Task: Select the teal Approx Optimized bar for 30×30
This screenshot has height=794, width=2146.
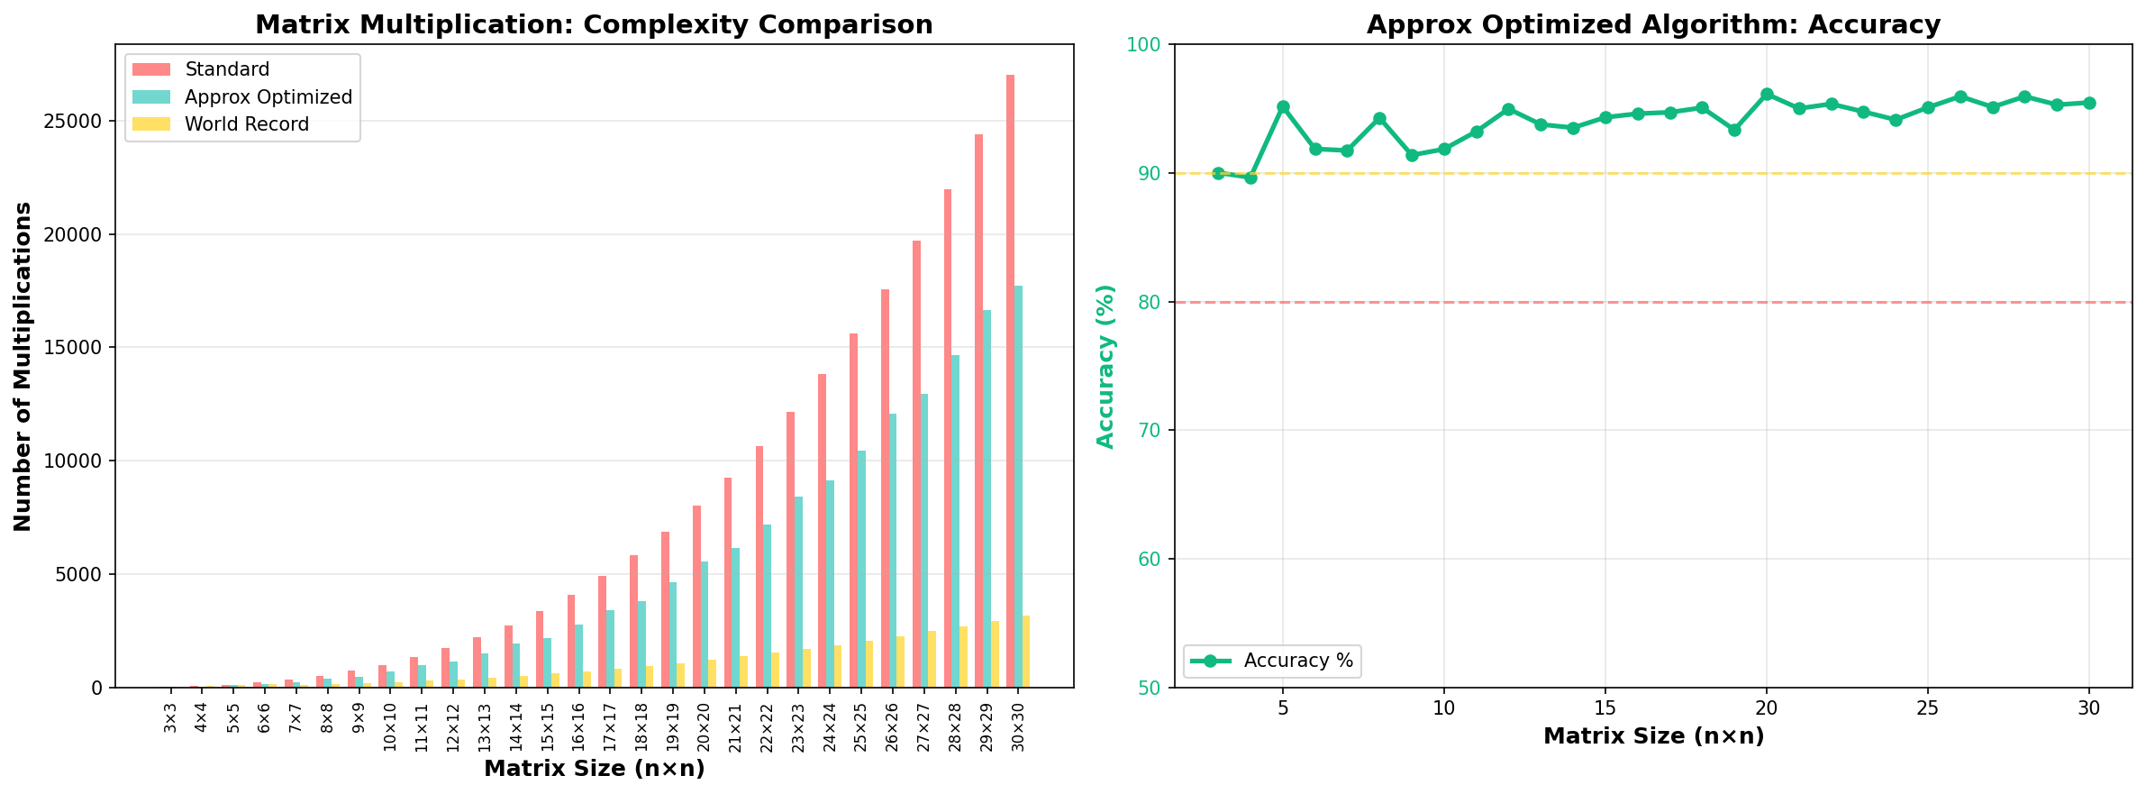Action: coord(1018,487)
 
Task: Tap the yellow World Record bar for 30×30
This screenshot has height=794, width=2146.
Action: coord(1026,652)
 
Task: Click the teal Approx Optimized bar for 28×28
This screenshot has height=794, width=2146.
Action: coord(955,521)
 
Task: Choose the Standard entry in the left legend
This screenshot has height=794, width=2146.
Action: coord(226,69)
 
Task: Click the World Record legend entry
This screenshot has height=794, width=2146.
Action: coord(246,124)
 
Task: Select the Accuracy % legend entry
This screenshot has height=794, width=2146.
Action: coord(1297,661)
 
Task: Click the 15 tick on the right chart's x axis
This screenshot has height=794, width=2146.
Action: coord(1605,708)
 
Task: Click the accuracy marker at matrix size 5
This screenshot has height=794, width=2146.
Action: coord(1283,107)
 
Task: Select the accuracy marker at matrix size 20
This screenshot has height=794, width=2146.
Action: coord(1767,95)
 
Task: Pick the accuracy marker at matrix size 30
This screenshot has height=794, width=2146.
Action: coord(2089,103)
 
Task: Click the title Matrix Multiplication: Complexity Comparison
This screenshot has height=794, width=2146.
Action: coord(594,24)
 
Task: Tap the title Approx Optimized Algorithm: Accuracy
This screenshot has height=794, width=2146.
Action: coord(1653,24)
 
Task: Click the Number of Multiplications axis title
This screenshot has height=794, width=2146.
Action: coord(23,366)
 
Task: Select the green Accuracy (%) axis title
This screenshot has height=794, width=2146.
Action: coord(1106,366)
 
